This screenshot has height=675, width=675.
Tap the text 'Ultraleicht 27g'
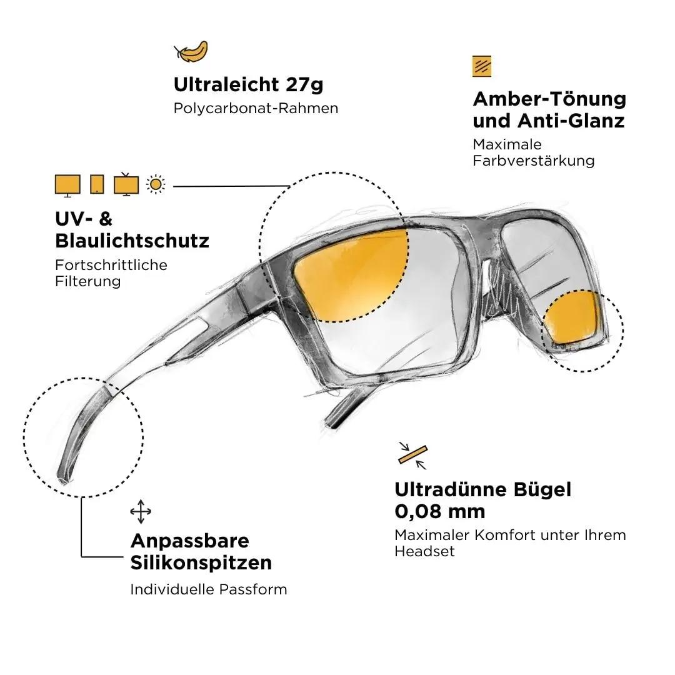click(248, 84)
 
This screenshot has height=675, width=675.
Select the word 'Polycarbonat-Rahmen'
click(256, 108)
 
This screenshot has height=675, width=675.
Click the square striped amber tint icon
click(482, 66)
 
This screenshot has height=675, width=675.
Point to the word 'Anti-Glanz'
click(571, 121)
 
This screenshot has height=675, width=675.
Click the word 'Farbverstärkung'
click(533, 161)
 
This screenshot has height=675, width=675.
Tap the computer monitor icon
click(67, 186)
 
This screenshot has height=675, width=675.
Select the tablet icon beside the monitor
click(97, 184)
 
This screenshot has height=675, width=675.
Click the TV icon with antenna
click(126, 184)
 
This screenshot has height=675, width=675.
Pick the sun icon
click(156, 184)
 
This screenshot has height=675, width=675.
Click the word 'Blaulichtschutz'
click(132, 241)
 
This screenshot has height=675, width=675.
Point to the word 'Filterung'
click(88, 281)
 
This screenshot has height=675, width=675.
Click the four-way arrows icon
click(141, 511)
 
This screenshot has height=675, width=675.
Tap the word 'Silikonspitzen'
click(201, 563)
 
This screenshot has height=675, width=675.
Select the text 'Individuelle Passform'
click(209, 589)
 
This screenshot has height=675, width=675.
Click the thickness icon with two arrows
click(412, 456)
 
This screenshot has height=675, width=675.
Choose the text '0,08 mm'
click(440, 511)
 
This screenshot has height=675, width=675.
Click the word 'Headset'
click(424, 551)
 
